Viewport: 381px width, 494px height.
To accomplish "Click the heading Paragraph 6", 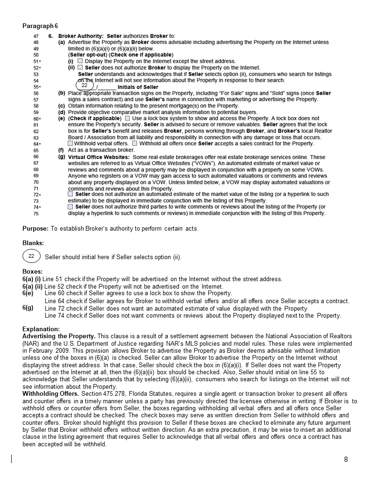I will [40, 26].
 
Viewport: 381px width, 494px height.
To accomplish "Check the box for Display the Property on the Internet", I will [80, 61].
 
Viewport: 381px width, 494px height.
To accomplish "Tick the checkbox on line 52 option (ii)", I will [80, 67].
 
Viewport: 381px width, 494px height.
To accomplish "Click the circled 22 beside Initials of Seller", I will [85, 85].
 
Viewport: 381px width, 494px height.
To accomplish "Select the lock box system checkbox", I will [128, 118].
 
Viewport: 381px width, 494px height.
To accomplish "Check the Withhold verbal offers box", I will [71, 144].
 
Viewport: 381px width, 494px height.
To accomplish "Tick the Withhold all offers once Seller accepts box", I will [135, 144].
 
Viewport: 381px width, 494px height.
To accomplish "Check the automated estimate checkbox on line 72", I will [71, 194].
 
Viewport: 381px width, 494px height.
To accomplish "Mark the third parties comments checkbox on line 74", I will [71, 206].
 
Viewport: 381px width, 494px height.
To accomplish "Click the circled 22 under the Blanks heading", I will [31, 256].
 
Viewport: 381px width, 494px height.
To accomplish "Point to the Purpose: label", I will [35, 229].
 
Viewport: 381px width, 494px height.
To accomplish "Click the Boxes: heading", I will [33, 271].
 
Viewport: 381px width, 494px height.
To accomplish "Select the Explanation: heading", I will [41, 329].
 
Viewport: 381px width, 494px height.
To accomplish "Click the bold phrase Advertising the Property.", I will [59, 336].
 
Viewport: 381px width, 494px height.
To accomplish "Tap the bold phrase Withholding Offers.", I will [49, 394].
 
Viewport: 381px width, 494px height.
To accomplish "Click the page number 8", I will [346, 459].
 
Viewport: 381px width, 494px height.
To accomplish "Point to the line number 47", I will [36, 36].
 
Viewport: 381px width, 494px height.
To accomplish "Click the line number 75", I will [36, 213].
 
